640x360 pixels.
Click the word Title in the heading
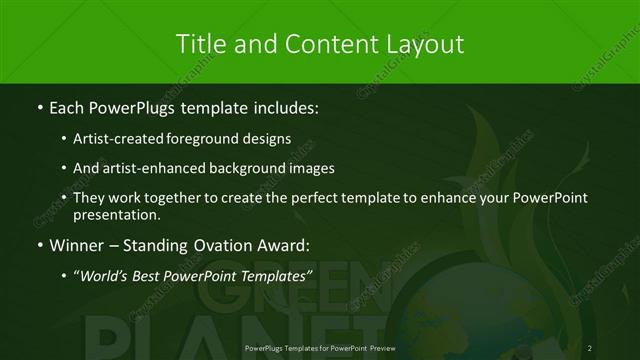click(x=199, y=44)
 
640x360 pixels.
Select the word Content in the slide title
click(x=326, y=44)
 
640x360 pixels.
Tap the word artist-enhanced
click(x=162, y=168)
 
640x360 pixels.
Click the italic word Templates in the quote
click(x=273, y=277)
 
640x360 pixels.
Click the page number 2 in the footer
click(x=590, y=348)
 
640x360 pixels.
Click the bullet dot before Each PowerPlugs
click(x=37, y=105)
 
